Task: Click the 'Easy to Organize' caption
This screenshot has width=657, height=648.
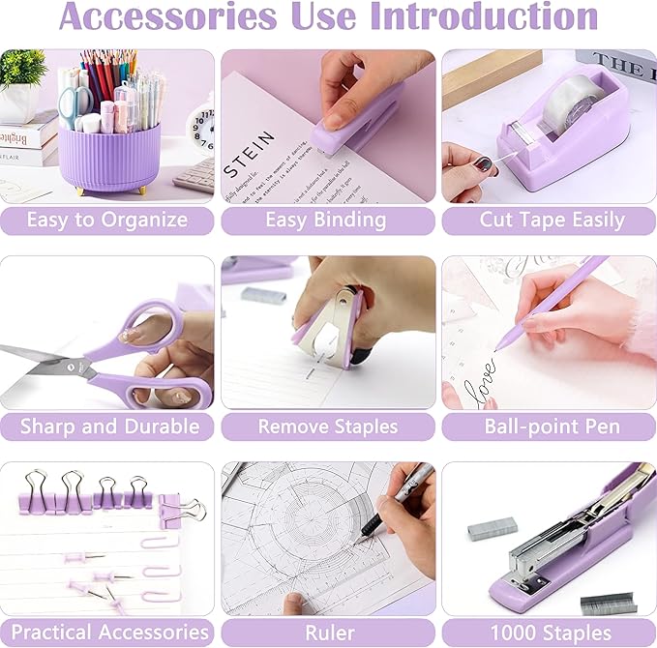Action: coord(106,220)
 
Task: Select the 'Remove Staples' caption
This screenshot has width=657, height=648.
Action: coord(327,426)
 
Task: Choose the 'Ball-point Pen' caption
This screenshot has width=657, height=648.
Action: coord(550,426)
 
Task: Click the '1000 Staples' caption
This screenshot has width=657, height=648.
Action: coord(550,633)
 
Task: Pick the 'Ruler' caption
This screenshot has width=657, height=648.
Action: coord(327,633)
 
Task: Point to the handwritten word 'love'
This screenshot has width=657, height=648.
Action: coord(481,372)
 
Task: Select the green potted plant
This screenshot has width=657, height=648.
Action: coord(21,70)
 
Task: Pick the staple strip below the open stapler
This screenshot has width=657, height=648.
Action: coord(609,604)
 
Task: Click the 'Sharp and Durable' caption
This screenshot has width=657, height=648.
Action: coord(106,426)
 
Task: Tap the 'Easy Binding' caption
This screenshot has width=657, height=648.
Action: coord(327,220)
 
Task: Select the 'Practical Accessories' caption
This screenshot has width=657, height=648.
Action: coord(106,633)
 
